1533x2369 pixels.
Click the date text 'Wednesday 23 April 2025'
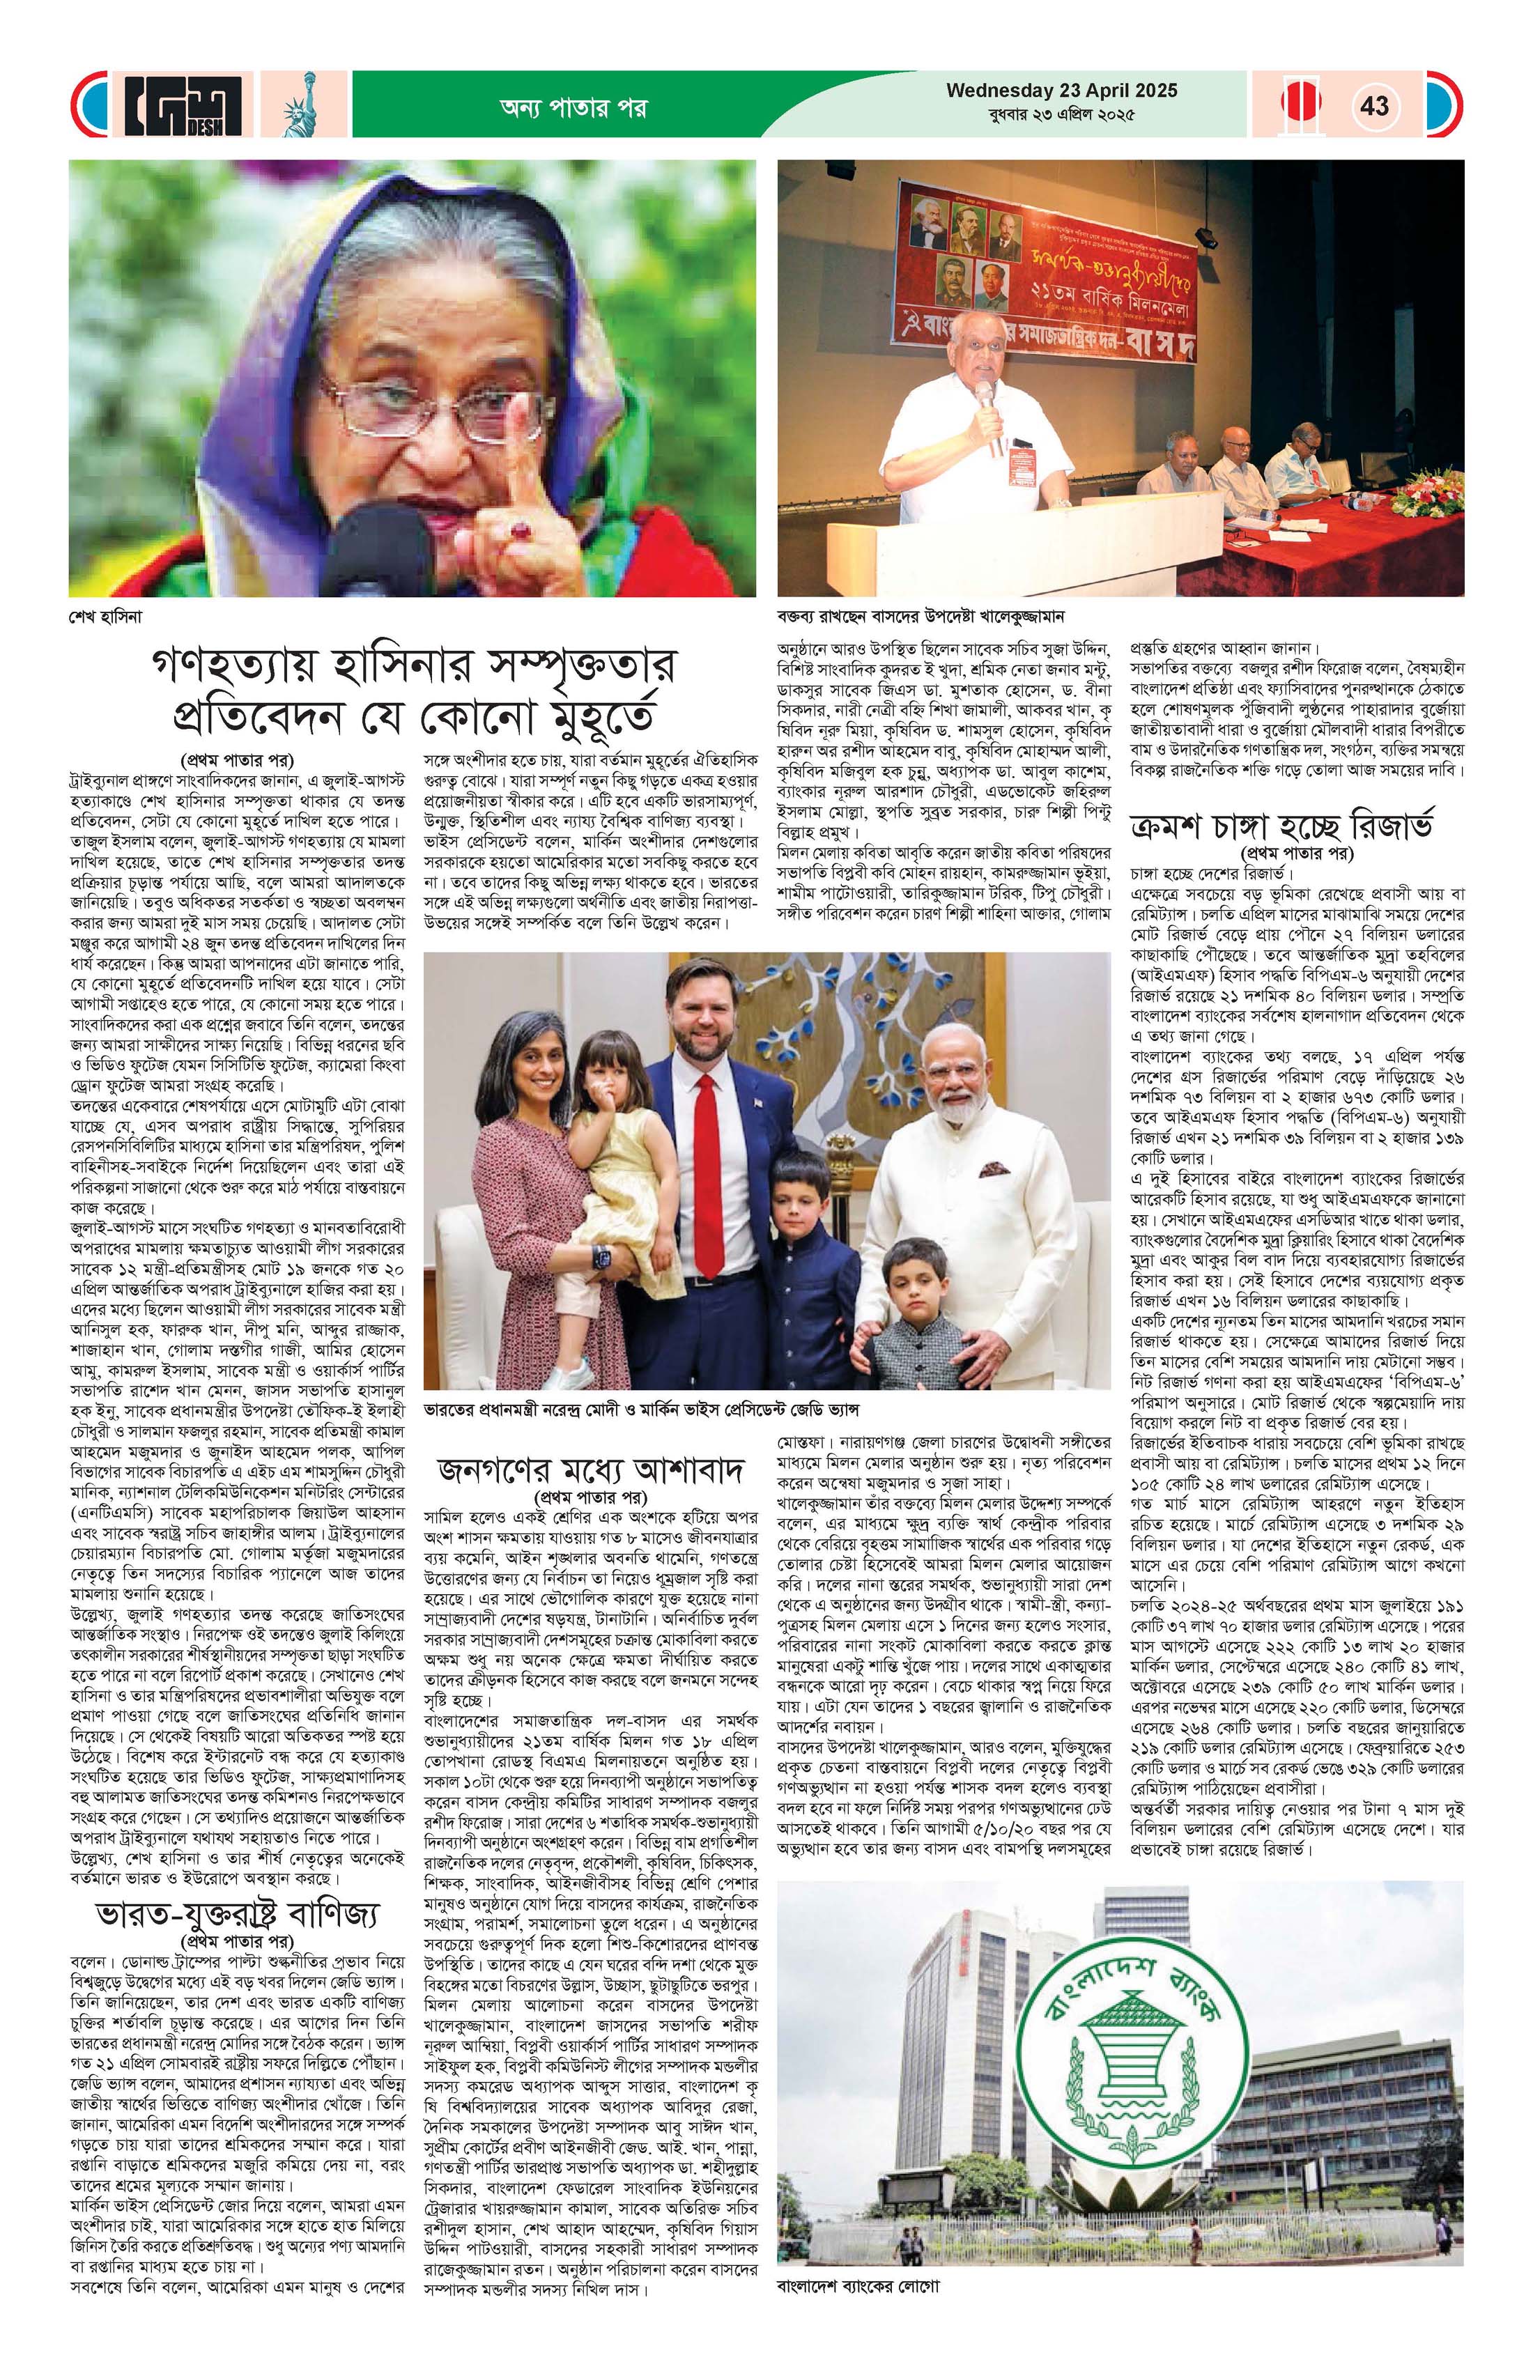point(1061,91)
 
